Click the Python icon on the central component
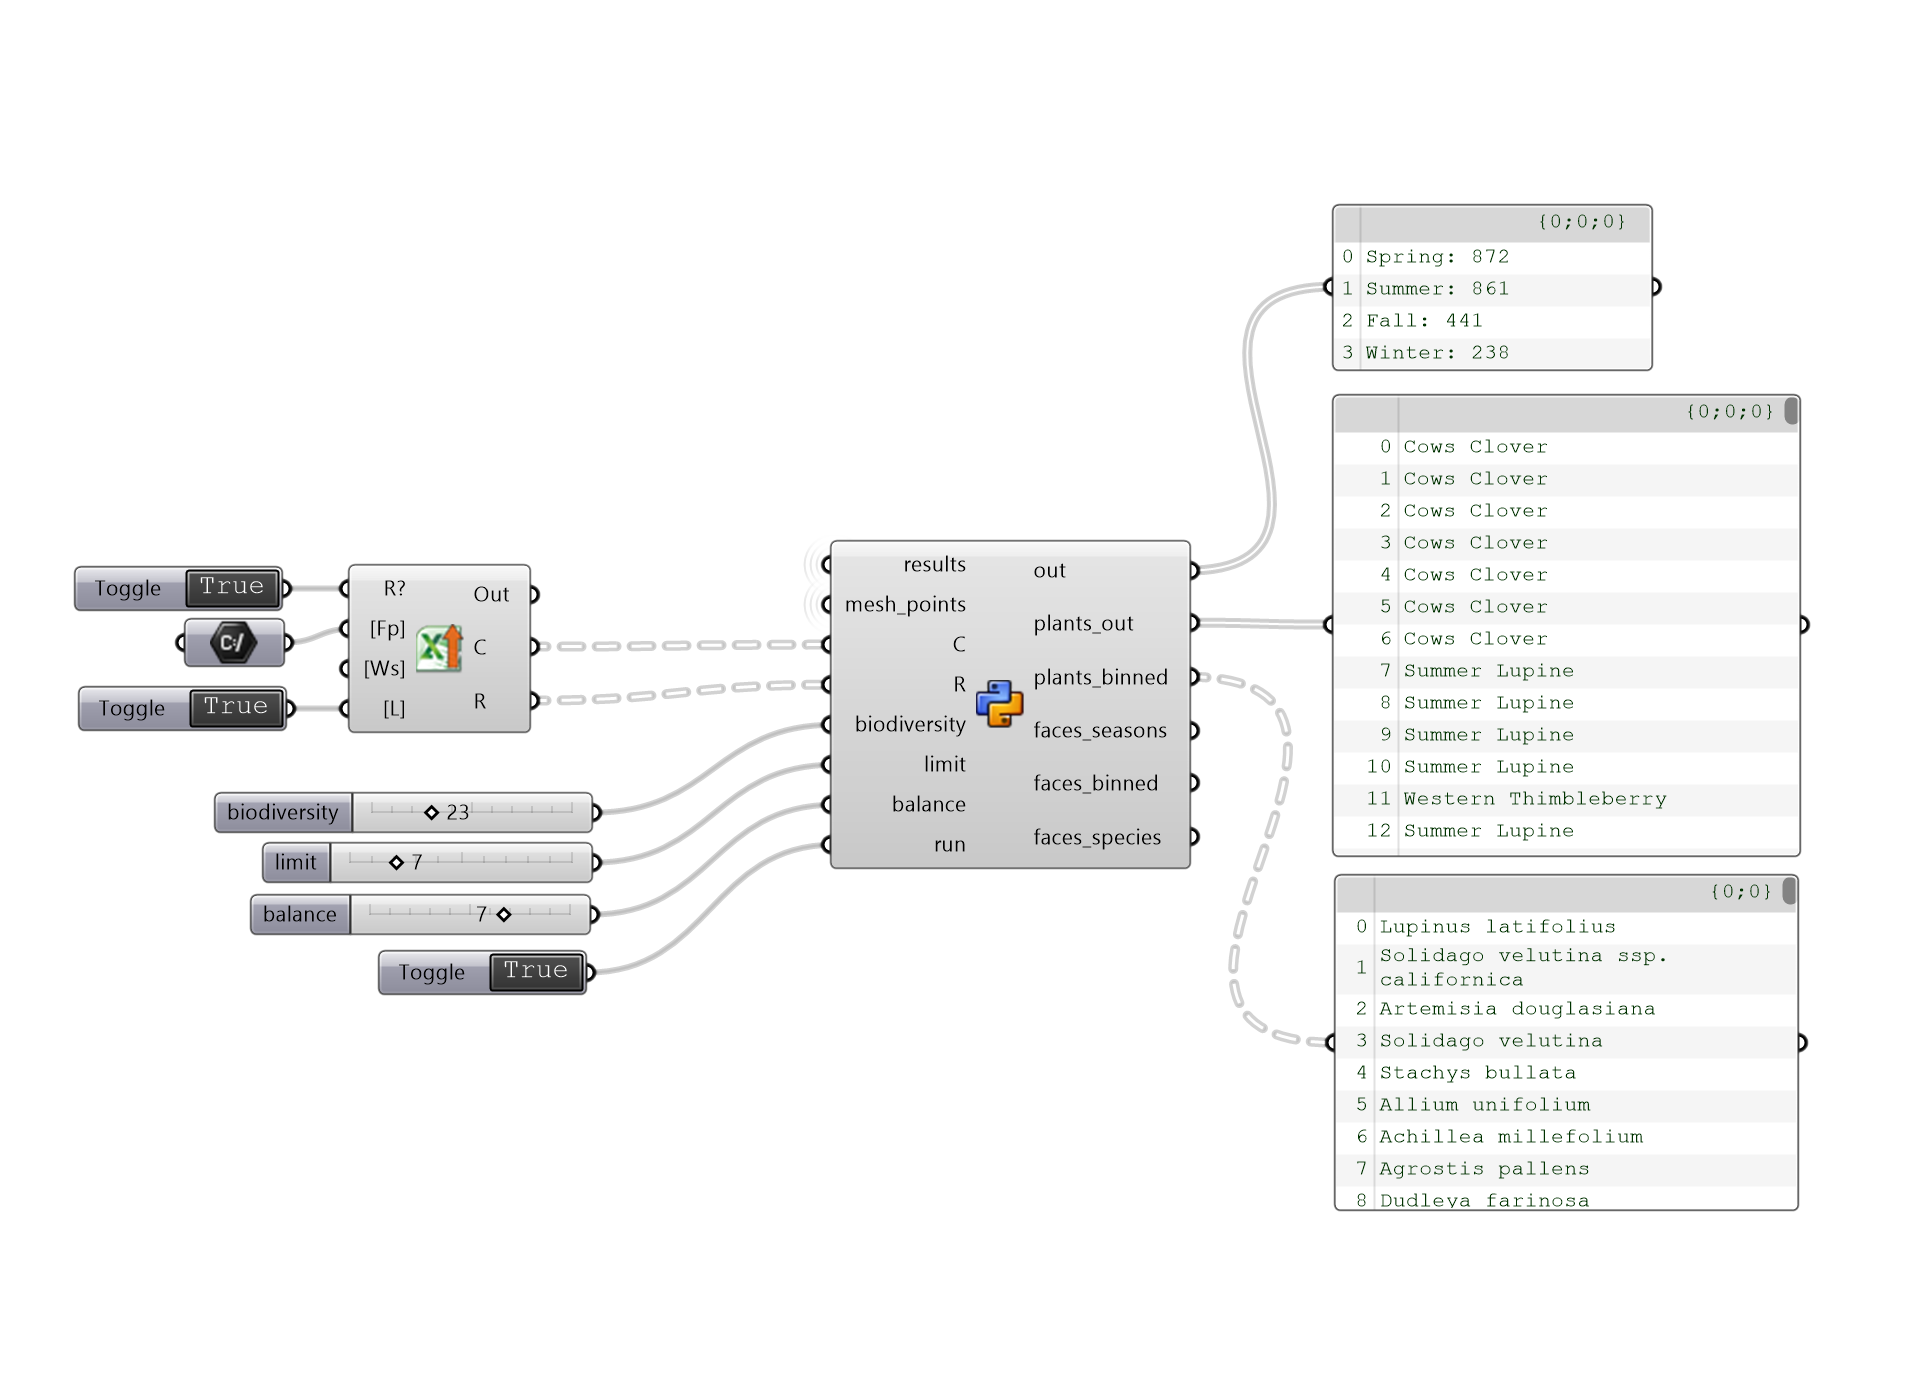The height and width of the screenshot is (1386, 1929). tap(999, 703)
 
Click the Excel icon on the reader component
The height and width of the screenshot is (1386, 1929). tap(439, 648)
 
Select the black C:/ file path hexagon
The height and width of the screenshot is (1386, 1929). tap(233, 642)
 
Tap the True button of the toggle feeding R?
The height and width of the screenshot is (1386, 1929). tap(232, 587)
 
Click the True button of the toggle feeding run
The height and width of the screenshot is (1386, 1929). tap(536, 971)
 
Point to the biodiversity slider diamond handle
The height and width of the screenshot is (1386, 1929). tap(431, 812)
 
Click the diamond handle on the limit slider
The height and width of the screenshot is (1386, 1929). tap(396, 862)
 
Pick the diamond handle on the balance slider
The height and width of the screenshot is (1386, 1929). tap(504, 914)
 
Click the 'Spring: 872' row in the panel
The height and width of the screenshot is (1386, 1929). tap(1437, 257)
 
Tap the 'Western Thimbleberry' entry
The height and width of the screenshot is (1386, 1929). tap(1534, 799)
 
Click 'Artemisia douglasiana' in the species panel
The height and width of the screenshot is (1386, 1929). tap(1516, 1009)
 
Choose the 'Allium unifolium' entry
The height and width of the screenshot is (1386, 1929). tap(1484, 1105)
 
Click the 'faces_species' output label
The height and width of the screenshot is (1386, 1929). tap(1097, 838)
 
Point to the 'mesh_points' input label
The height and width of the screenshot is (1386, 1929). tap(905, 605)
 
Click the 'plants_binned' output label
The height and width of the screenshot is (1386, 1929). tap(1100, 678)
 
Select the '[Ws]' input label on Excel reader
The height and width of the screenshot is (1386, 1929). tap(384, 668)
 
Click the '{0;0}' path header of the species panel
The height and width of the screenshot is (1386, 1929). tap(1740, 891)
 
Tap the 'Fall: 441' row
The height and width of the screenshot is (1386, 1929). tap(1424, 321)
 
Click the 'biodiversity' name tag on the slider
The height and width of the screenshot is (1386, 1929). tap(283, 812)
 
